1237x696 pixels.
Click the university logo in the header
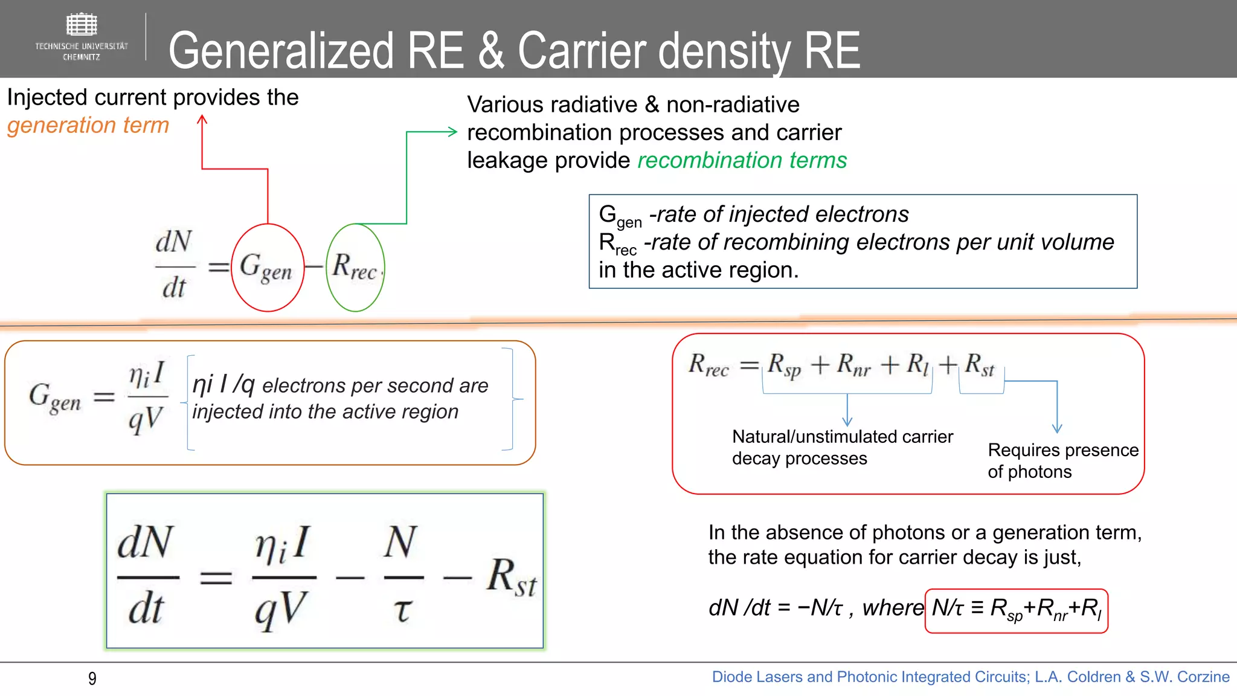coord(82,36)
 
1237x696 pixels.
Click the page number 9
coord(92,678)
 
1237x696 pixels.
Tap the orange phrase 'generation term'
coord(88,125)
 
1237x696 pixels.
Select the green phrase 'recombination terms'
coord(742,160)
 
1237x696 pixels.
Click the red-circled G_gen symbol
coord(266,268)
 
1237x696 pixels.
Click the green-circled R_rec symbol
coord(355,268)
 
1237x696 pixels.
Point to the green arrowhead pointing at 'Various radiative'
coord(452,132)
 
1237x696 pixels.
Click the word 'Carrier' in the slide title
coord(582,51)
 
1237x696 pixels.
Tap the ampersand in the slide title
coord(492,51)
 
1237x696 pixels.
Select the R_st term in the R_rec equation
coord(979,366)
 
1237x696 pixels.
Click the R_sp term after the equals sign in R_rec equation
coord(784,366)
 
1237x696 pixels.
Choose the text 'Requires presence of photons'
coord(1062,460)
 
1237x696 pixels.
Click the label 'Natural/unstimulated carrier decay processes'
coord(842,447)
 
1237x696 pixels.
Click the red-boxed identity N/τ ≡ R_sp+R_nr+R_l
coord(1016,610)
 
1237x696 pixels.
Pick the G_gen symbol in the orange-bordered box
coord(55,398)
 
